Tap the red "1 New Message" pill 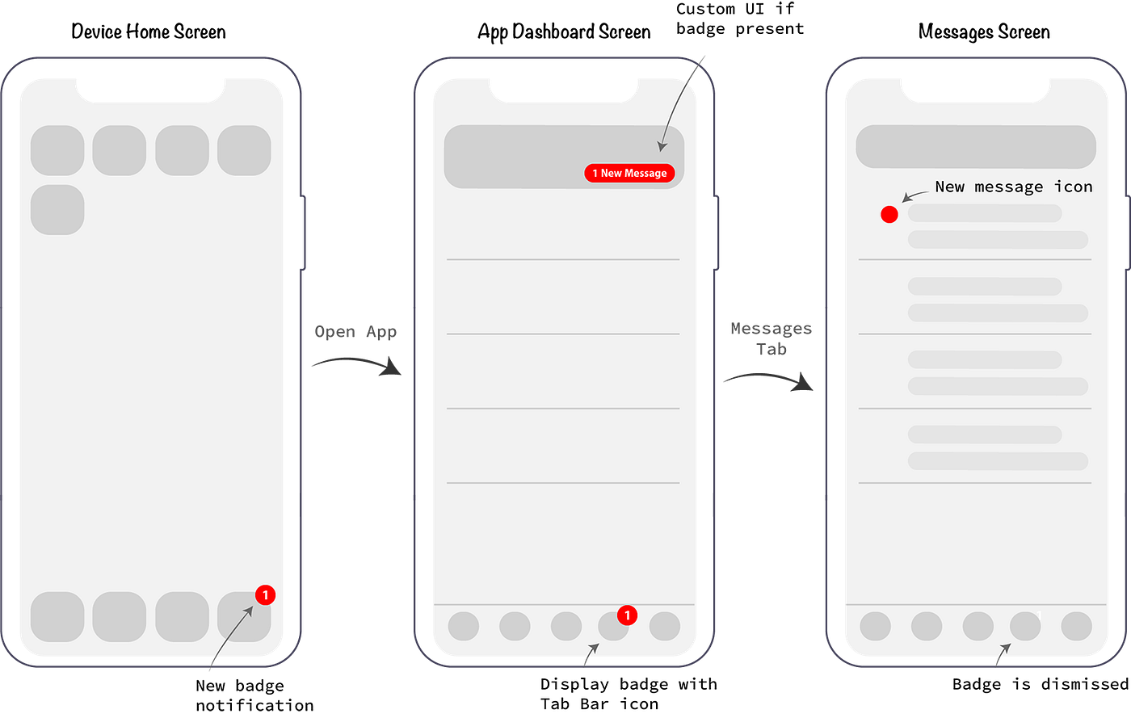point(629,173)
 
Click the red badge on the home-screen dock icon point(265,595)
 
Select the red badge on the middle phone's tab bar point(627,615)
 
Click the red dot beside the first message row point(889,215)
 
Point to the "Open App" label point(355,332)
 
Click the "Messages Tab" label point(771,338)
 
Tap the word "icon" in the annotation point(1073,187)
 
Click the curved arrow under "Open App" point(356,364)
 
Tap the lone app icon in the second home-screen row point(57,210)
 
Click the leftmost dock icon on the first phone point(57,616)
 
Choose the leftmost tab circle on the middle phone point(464,626)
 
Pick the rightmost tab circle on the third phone point(1076,626)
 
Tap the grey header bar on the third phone point(975,147)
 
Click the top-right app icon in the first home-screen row point(244,150)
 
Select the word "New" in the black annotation point(950,187)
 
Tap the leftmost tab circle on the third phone point(875,626)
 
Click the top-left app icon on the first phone point(57,150)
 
